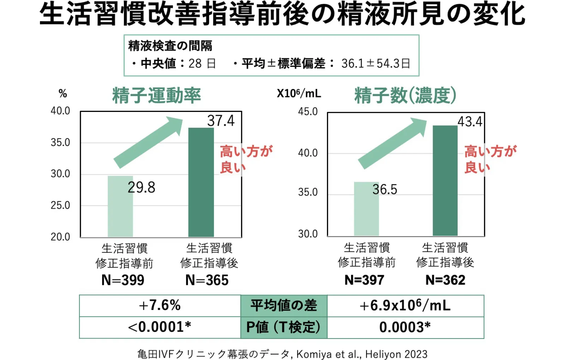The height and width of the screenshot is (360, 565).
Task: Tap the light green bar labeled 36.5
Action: (366, 212)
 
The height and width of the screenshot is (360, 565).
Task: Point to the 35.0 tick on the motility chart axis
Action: (60, 143)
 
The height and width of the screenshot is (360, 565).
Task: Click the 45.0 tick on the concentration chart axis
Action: (308, 112)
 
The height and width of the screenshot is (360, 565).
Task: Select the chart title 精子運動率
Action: (156, 95)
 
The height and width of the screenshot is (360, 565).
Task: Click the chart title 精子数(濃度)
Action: (405, 95)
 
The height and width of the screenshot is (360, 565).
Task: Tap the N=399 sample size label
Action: (123, 280)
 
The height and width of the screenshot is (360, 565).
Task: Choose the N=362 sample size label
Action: (445, 280)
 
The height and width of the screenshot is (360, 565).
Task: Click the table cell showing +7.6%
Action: (160, 306)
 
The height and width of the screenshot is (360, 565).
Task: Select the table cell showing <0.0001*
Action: (160, 327)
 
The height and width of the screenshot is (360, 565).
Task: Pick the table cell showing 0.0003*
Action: (405, 327)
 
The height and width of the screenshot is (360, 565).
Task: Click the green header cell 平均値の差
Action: (284, 306)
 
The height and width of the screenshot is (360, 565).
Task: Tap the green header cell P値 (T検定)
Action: (284, 327)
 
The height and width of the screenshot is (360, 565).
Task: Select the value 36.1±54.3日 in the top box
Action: (375, 64)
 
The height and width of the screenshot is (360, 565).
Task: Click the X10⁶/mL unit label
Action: (299, 94)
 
